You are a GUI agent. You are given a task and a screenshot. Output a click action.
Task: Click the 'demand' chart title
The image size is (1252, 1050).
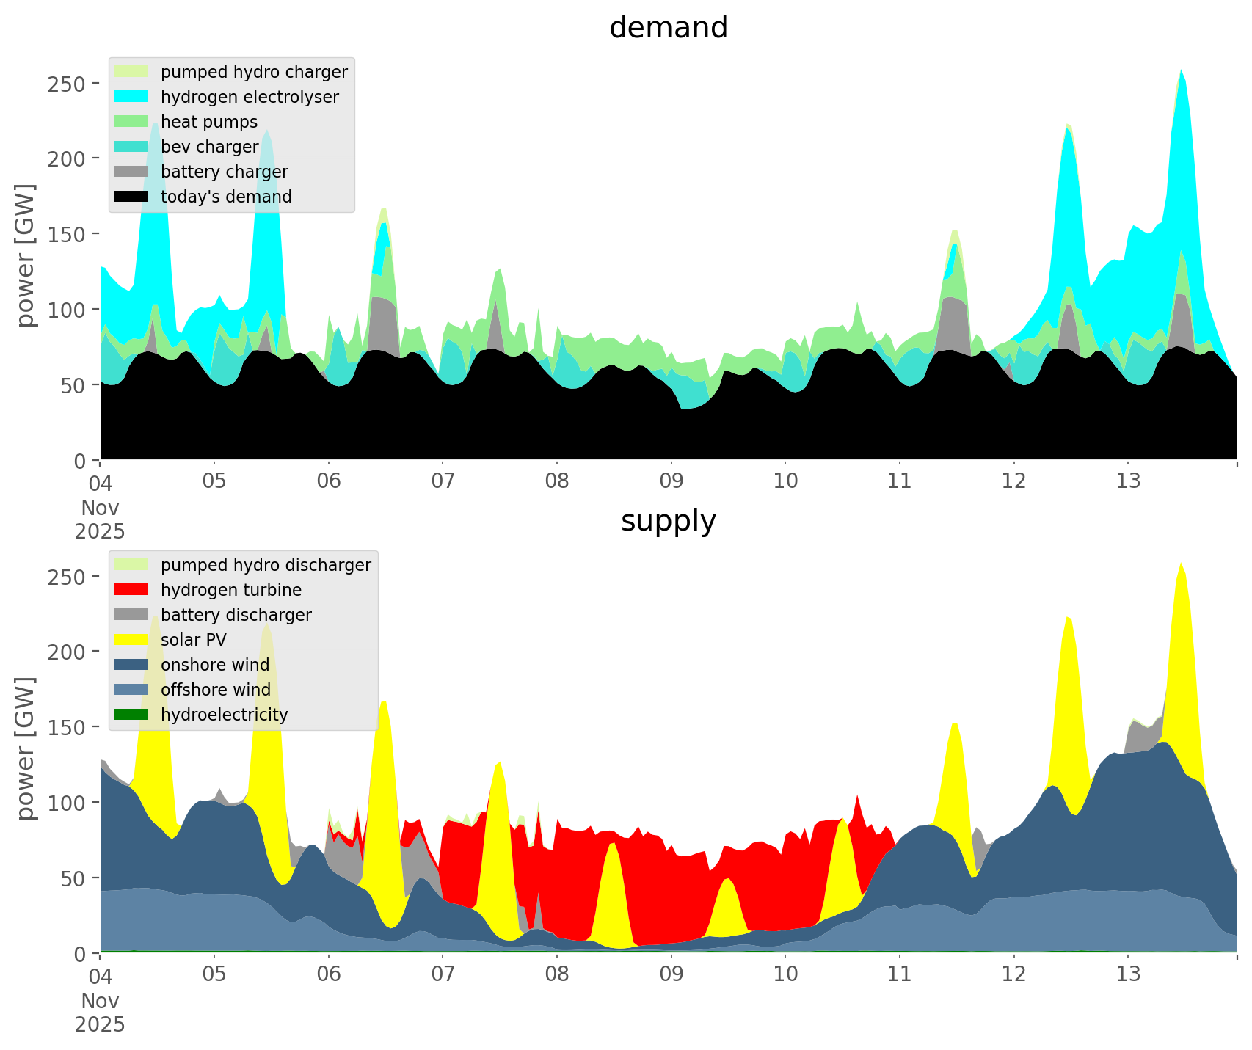click(668, 28)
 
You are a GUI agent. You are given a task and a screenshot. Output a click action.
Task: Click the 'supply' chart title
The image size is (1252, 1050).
click(668, 521)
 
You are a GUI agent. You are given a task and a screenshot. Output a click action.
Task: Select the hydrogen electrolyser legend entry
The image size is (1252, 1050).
click(250, 97)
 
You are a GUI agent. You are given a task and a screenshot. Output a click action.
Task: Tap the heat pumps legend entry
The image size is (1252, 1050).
click(209, 122)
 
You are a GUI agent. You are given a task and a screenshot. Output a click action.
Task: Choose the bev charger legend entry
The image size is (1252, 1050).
click(209, 147)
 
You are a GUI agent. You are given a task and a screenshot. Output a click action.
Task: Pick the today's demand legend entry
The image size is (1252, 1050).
click(226, 197)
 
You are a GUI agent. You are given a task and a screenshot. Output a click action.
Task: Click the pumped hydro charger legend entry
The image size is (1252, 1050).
click(254, 72)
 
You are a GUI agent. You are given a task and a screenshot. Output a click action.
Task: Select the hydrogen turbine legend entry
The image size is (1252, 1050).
click(231, 590)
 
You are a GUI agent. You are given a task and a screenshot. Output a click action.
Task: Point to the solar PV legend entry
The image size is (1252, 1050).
click(194, 640)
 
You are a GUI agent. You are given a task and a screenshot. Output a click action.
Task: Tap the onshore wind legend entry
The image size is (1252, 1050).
click(215, 665)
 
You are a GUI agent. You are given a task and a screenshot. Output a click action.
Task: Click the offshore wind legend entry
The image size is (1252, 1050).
click(216, 690)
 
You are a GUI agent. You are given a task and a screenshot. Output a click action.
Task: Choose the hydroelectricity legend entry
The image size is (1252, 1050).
click(225, 715)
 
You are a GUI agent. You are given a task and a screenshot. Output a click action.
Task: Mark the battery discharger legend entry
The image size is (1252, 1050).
click(236, 615)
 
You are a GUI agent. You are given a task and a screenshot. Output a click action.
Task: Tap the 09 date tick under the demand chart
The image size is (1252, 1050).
click(671, 481)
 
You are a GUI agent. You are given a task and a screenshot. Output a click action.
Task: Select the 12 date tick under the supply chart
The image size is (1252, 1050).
click(1013, 974)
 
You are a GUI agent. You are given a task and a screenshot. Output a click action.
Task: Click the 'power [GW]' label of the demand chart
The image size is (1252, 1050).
click(26, 255)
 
